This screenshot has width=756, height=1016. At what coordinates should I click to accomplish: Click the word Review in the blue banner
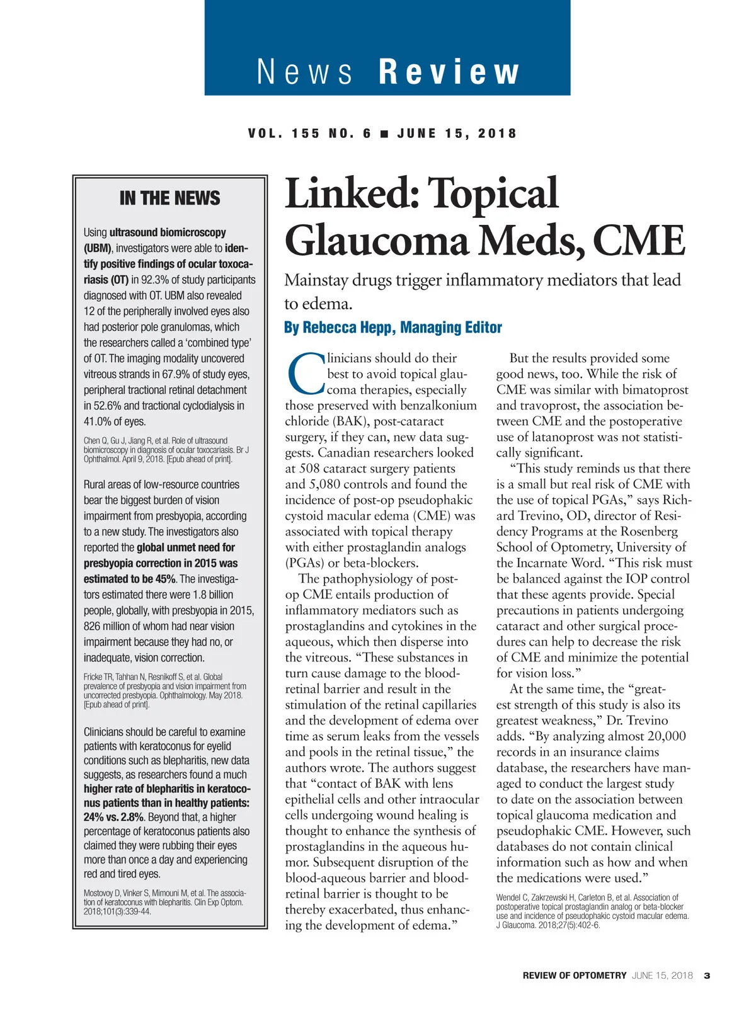449,72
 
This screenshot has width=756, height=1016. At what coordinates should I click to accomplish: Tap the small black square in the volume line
384,134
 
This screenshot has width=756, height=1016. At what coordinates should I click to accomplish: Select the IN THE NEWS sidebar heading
169,198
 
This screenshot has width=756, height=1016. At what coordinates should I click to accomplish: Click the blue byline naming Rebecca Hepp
393,328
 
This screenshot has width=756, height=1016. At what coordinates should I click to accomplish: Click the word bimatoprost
654,390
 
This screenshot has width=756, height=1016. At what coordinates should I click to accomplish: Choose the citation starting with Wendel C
592,911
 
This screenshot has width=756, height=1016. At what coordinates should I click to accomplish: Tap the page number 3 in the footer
707,976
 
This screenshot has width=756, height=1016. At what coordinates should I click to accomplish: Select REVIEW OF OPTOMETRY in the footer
574,976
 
